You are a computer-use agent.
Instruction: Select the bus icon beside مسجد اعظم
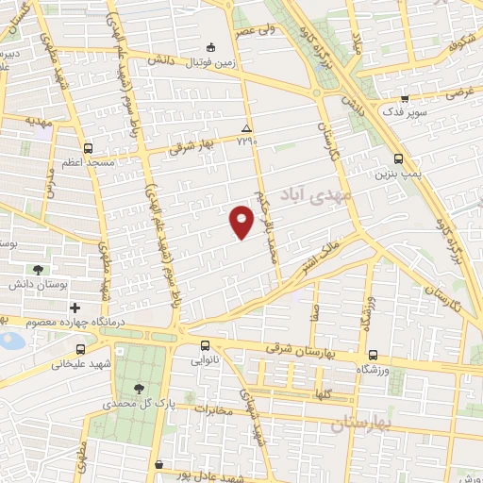click(x=88, y=148)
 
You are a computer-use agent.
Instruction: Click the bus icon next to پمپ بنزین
click(x=397, y=158)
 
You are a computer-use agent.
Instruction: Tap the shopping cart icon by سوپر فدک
click(x=404, y=98)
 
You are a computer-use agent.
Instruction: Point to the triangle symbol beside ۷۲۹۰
click(x=246, y=128)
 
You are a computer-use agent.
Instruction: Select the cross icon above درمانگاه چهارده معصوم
click(x=75, y=308)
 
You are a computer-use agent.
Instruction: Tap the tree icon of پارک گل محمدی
click(x=140, y=388)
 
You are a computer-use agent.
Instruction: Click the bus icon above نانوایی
click(x=206, y=344)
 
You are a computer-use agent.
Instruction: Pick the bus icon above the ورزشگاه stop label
click(x=375, y=356)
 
